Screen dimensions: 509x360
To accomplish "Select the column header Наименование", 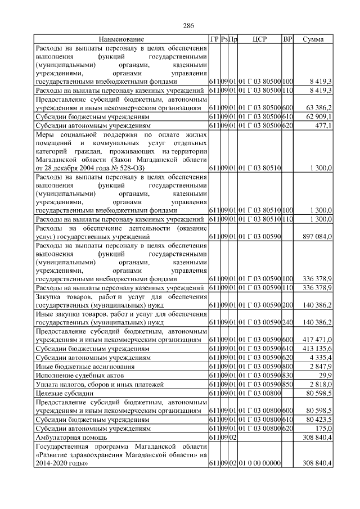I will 121,39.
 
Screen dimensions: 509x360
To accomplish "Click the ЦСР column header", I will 259,39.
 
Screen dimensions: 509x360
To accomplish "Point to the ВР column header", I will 287,39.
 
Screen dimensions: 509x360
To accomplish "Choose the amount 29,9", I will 325,375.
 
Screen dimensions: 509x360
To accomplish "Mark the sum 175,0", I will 323,428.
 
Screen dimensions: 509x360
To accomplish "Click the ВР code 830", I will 287,375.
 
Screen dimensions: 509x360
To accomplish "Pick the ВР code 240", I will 287,322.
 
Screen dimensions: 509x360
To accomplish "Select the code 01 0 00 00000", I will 259,463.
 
